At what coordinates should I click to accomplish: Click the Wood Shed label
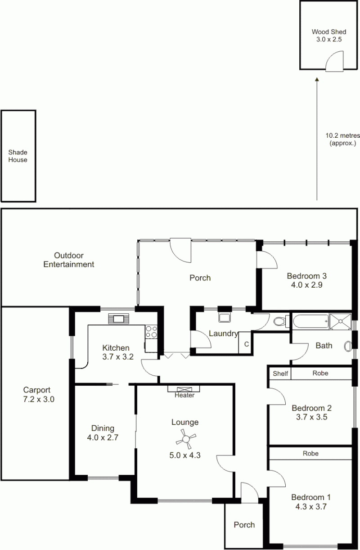[329, 32]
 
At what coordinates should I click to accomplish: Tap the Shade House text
[18, 156]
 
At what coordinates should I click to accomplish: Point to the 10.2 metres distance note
[343, 139]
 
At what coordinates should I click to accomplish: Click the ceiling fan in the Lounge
[186, 439]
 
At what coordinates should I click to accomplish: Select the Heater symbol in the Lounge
[184, 389]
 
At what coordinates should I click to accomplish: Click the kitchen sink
[119, 319]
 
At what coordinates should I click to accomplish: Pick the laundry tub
[225, 317]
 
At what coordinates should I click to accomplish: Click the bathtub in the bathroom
[310, 321]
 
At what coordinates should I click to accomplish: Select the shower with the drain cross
[340, 321]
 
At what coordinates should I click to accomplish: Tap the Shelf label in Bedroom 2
[280, 374]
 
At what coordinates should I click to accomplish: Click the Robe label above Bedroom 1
[310, 453]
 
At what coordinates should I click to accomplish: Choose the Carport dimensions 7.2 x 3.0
[39, 399]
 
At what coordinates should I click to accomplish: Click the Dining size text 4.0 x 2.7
[103, 437]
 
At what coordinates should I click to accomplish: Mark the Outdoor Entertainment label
[69, 260]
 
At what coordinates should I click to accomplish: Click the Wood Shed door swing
[334, 61]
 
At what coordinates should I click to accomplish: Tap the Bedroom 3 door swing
[267, 260]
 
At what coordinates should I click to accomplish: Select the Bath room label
[324, 346]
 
